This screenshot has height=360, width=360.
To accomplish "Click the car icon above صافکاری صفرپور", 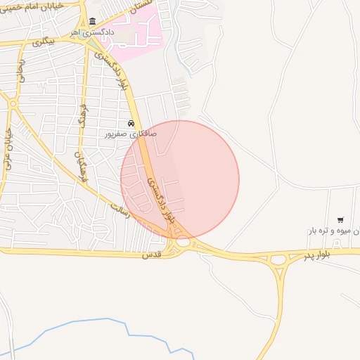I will tap(131, 123).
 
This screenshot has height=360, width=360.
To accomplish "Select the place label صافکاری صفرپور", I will tap(131, 133).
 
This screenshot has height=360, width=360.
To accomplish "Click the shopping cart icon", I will tap(340, 221).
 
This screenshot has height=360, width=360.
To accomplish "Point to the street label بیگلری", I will tap(42, 43).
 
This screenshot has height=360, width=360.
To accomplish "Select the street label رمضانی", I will tap(22, 70).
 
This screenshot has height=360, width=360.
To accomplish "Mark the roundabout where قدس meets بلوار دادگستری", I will tap(184, 241).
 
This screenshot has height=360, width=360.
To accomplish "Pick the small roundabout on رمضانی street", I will tap(13, 104).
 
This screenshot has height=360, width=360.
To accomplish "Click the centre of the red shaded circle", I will tap(180, 179).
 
